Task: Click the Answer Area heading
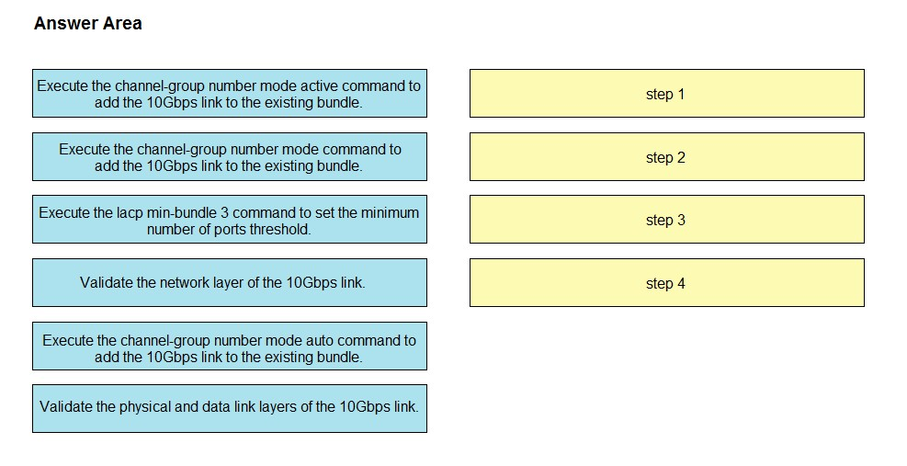tap(88, 23)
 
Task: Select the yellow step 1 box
tap(667, 93)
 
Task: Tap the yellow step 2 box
tap(667, 157)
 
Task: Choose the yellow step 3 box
tap(667, 220)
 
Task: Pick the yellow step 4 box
tap(667, 282)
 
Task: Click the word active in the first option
tap(319, 85)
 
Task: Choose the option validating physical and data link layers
tap(230, 408)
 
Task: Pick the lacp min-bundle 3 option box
tap(230, 220)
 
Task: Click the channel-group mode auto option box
tap(230, 347)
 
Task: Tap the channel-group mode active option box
tap(230, 93)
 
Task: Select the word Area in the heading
tap(122, 23)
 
